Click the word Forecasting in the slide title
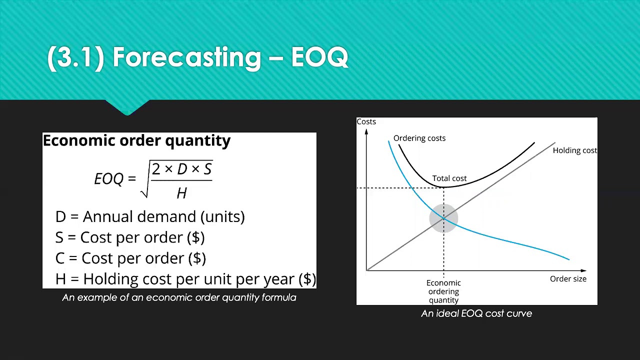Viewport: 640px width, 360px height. [x=187, y=57]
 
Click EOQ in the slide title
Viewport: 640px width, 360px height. [x=319, y=57]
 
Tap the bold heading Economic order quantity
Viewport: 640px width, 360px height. [x=136, y=140]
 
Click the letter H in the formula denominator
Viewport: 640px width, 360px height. [x=181, y=193]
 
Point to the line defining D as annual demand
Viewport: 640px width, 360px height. [x=150, y=216]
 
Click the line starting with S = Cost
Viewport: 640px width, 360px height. [x=130, y=237]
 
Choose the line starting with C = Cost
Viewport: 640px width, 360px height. [x=130, y=258]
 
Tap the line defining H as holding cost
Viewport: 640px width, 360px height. [x=185, y=279]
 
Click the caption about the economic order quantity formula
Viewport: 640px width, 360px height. [x=179, y=297]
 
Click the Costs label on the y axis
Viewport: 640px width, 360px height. [x=366, y=121]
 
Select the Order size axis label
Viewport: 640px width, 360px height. [x=568, y=279]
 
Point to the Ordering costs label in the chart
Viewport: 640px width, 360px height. [x=419, y=138]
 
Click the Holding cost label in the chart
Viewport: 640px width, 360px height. [x=575, y=150]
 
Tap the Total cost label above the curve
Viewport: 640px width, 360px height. [x=449, y=178]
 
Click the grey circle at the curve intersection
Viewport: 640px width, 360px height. [x=443, y=218]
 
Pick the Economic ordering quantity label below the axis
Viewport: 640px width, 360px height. [x=443, y=291]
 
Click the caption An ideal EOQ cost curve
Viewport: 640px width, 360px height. [x=476, y=313]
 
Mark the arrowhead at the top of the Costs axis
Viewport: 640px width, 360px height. [x=366, y=131]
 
